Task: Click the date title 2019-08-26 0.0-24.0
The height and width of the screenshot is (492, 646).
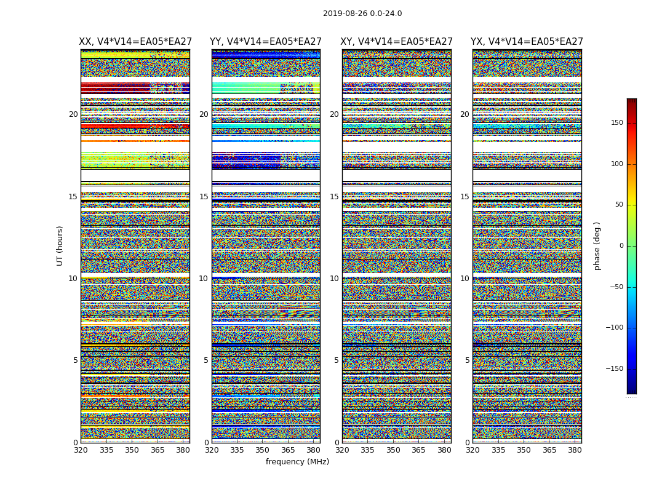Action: tap(362, 14)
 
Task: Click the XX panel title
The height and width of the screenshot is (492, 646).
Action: tap(135, 42)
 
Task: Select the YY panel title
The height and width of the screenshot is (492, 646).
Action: tap(266, 42)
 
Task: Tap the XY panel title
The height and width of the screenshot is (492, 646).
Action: tap(397, 42)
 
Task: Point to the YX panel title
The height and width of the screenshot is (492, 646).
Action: tap(527, 42)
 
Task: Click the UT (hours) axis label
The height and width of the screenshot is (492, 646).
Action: tap(60, 245)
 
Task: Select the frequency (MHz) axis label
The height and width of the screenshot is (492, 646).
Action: tap(297, 462)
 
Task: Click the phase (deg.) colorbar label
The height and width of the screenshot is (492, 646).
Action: tap(597, 246)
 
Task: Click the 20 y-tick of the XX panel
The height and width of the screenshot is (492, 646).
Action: tap(73, 114)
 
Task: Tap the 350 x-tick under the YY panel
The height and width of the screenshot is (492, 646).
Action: tap(263, 450)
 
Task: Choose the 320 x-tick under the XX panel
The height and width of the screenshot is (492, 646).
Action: tap(81, 450)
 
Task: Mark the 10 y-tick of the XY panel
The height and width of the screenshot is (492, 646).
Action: tap(334, 279)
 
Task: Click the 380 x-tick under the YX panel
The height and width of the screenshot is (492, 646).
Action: tap(575, 450)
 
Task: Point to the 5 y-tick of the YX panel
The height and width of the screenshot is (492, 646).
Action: tap(467, 360)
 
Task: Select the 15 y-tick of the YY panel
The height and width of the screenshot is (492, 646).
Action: tap(204, 197)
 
